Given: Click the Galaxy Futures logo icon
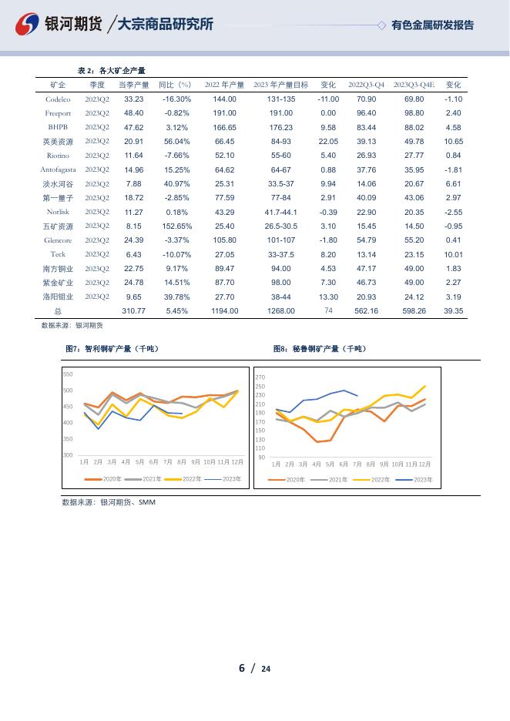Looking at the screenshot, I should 29,25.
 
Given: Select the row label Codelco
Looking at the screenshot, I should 58,99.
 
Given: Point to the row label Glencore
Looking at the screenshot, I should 58,240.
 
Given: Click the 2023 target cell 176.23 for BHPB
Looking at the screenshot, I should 280,127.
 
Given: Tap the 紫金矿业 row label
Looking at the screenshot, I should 58,282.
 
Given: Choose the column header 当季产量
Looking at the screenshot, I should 133,85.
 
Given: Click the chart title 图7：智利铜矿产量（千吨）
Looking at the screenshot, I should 112,349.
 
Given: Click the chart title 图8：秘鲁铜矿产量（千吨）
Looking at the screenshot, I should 320,349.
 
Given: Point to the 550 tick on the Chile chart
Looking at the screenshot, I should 68,374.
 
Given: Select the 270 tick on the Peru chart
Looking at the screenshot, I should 260,377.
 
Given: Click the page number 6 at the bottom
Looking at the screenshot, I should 241,667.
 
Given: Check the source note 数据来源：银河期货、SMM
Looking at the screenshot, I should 109,501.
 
